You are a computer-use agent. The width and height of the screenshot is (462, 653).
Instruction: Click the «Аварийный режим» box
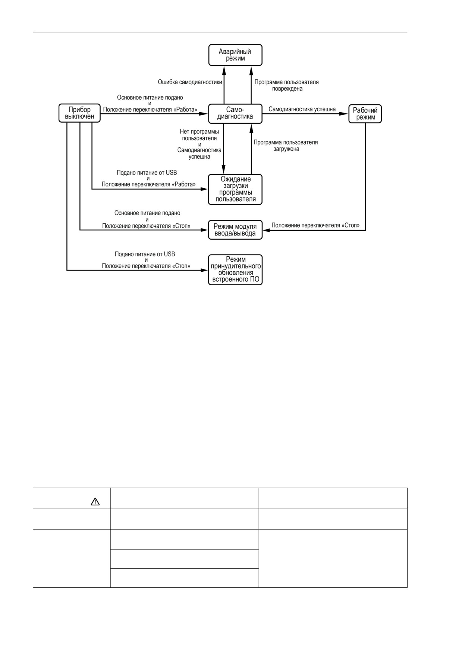pyautogui.click(x=235, y=55)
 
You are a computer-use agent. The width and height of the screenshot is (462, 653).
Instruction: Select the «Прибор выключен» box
pyautogui.click(x=79, y=113)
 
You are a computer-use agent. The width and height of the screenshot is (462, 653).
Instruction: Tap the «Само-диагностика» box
pyautogui.click(x=235, y=113)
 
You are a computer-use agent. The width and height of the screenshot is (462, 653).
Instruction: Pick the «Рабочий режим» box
pyautogui.click(x=365, y=114)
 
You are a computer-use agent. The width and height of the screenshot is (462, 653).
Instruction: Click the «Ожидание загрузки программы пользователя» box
pyautogui.click(x=235, y=189)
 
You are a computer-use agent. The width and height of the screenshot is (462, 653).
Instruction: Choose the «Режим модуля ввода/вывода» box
pyautogui.click(x=235, y=230)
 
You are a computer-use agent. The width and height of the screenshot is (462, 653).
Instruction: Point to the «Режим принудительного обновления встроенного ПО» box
pyautogui.click(x=235, y=270)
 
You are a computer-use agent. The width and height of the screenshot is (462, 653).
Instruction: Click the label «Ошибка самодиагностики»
pyautogui.click(x=190, y=82)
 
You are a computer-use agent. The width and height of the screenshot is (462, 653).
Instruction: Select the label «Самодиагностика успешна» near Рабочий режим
pyautogui.click(x=302, y=109)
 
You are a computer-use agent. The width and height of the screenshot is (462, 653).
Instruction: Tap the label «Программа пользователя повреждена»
pyautogui.click(x=287, y=85)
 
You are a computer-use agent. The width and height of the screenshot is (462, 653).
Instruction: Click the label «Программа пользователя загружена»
pyautogui.click(x=286, y=145)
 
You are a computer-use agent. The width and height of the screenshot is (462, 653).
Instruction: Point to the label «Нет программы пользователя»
pyautogui.click(x=199, y=135)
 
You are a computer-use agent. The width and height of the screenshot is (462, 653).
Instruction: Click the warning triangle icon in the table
pyautogui.click(x=95, y=502)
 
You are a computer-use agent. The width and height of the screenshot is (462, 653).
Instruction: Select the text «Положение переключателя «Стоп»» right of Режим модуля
pyautogui.click(x=315, y=225)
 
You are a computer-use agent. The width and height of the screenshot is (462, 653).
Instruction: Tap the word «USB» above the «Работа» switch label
pyautogui.click(x=171, y=173)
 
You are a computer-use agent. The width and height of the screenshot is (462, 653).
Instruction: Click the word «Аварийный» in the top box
pyautogui.click(x=235, y=52)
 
